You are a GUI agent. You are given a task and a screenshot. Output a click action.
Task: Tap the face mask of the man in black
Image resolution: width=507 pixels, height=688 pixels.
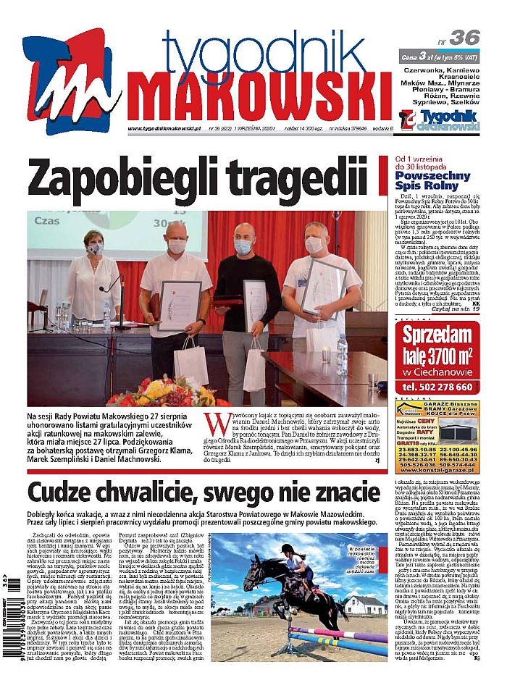[245, 248]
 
